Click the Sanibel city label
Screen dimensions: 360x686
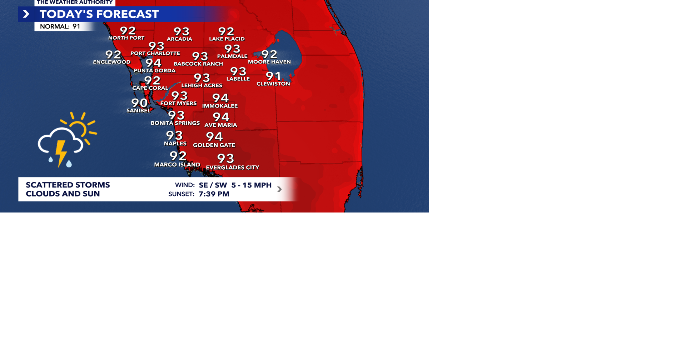(138, 111)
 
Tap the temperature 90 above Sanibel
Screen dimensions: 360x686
(139, 103)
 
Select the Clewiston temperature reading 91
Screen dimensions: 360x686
(273, 76)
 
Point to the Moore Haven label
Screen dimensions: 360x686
(269, 62)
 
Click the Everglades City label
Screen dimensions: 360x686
(233, 167)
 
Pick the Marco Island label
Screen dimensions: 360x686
(177, 165)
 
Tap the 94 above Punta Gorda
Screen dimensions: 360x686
(153, 63)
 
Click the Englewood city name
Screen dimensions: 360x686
(111, 62)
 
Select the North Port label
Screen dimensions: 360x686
(126, 38)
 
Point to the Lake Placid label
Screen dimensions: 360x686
(227, 39)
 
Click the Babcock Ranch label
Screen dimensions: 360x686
(198, 64)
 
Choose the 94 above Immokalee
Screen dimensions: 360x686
(220, 98)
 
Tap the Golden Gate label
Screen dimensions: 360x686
(214, 145)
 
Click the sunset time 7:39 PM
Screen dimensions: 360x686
(214, 194)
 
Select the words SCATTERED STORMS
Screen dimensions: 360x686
(68, 185)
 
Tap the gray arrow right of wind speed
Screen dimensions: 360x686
(279, 189)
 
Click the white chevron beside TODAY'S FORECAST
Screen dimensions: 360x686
(26, 14)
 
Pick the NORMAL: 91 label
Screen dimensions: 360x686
(60, 26)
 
